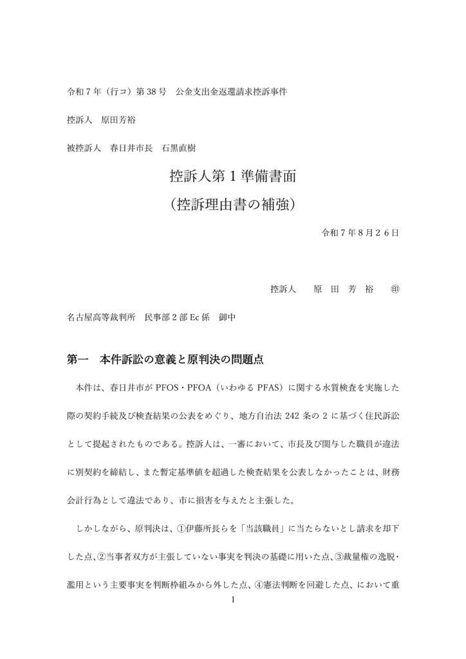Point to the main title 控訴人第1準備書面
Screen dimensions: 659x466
pyautogui.click(x=232, y=176)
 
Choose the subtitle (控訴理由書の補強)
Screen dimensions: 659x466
pyautogui.click(x=232, y=205)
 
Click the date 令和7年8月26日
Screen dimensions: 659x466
pyautogui.click(x=360, y=232)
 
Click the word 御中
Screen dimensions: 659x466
pyautogui.click(x=229, y=317)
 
